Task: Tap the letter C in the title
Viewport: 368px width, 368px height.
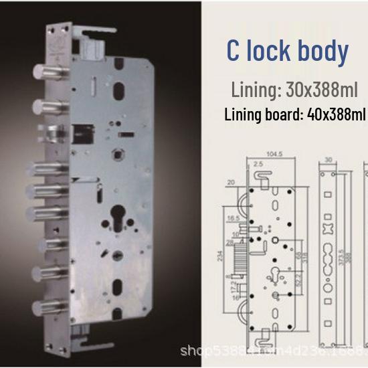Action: (x=234, y=52)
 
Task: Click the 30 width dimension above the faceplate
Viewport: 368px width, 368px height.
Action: (x=328, y=160)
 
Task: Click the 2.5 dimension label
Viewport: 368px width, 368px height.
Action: (x=258, y=164)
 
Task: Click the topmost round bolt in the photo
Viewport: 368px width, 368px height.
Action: (x=42, y=72)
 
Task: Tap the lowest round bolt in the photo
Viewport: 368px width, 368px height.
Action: (x=42, y=308)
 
